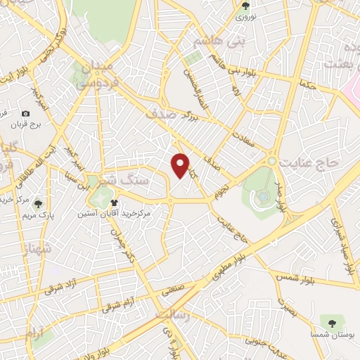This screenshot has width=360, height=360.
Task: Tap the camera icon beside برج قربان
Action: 26,114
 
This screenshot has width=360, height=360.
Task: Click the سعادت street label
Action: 253,141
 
